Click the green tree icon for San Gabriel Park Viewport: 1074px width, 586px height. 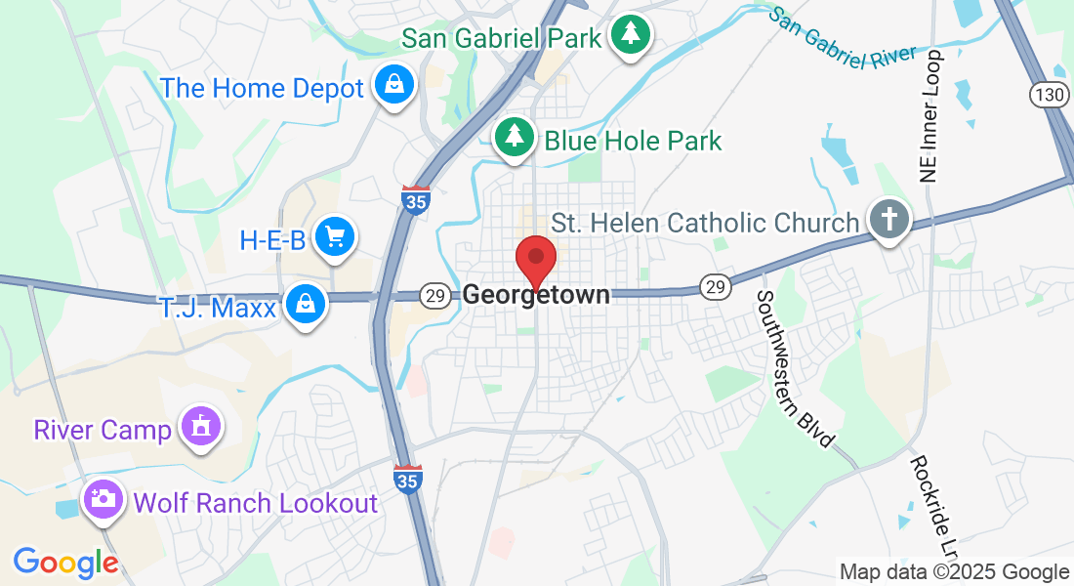point(631,35)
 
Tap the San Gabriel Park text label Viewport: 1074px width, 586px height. point(502,39)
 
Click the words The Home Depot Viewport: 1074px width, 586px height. point(262,88)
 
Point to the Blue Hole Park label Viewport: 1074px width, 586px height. point(633,141)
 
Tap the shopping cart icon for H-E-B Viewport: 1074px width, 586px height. point(335,236)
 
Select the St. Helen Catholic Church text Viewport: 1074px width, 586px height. point(705,223)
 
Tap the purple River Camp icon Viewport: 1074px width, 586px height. point(201,427)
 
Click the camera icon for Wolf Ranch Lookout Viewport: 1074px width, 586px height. point(103,499)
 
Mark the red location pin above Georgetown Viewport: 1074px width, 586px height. point(535,259)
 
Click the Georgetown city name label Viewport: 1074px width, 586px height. point(536,294)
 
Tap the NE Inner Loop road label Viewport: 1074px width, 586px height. point(929,115)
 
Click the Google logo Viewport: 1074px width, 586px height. point(65,563)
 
